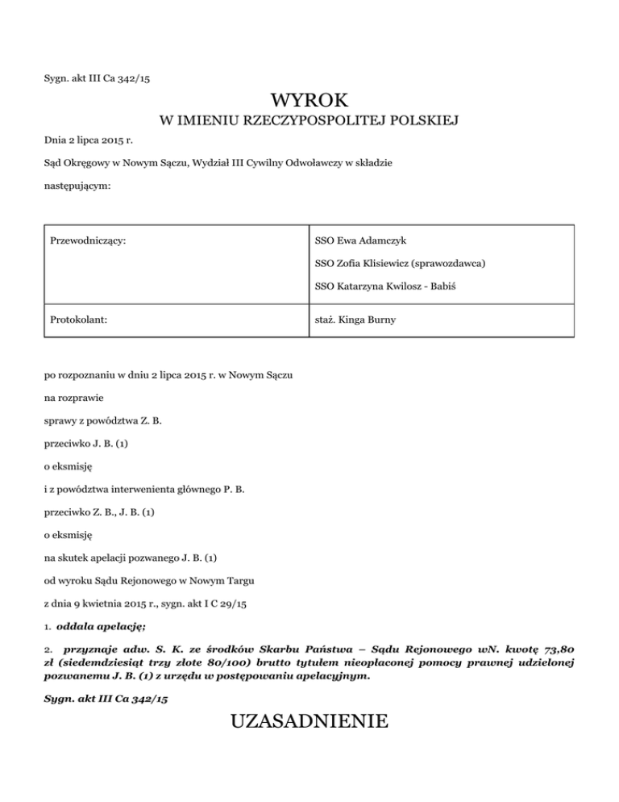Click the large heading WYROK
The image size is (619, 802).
[x=309, y=101]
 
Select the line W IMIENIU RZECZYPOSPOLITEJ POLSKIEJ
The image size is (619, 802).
[x=309, y=122]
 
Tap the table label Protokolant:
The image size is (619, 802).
[x=80, y=320]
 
